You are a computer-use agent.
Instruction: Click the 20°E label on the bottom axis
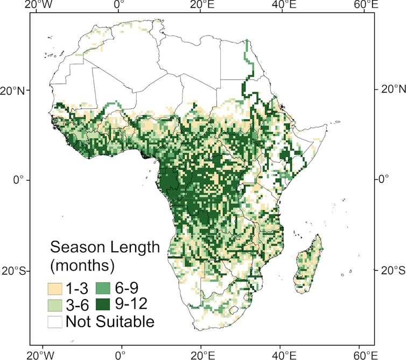click(201, 354)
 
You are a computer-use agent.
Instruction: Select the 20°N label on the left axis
click(15, 89)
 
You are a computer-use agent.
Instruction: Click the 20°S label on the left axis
click(15, 270)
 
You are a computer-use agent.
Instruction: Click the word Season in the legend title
click(79, 247)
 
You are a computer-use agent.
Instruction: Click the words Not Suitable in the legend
click(110, 322)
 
